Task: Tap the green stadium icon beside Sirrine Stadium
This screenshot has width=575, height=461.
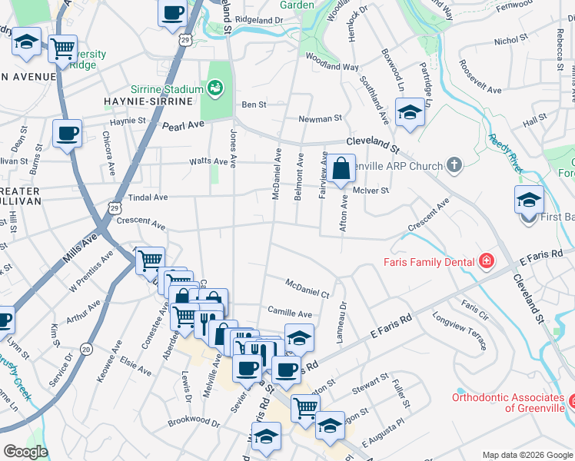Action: pos(215,88)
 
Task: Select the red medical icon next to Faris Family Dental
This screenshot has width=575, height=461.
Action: pos(486,262)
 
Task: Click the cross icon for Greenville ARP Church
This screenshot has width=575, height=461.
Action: pos(454,165)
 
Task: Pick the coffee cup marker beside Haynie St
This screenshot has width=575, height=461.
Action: pos(67,134)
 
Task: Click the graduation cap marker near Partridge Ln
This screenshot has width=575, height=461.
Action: pos(410,114)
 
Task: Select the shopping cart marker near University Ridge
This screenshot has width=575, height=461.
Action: pos(63,48)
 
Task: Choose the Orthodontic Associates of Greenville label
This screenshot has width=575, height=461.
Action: pos(507,403)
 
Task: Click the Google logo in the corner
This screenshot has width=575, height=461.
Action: pos(25,452)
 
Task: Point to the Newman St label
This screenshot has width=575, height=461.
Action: pos(320,119)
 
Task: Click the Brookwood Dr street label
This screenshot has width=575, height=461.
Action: pos(194,421)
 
